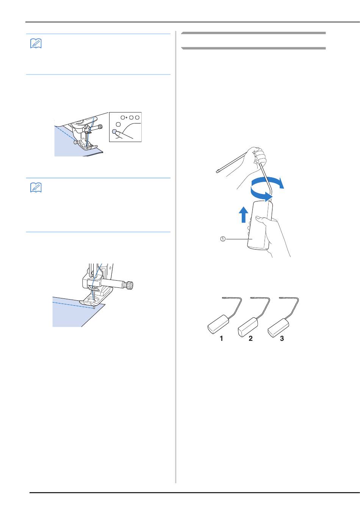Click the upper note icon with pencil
36,44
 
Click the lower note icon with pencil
36,187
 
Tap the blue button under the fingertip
114,131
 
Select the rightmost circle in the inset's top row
137,117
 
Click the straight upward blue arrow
244,214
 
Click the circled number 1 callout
223,239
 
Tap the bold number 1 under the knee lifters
221,338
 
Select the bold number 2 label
250,338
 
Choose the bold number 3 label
282,338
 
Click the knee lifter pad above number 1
218,324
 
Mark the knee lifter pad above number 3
278,328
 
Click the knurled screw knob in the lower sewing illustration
130,285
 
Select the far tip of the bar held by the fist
217,172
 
